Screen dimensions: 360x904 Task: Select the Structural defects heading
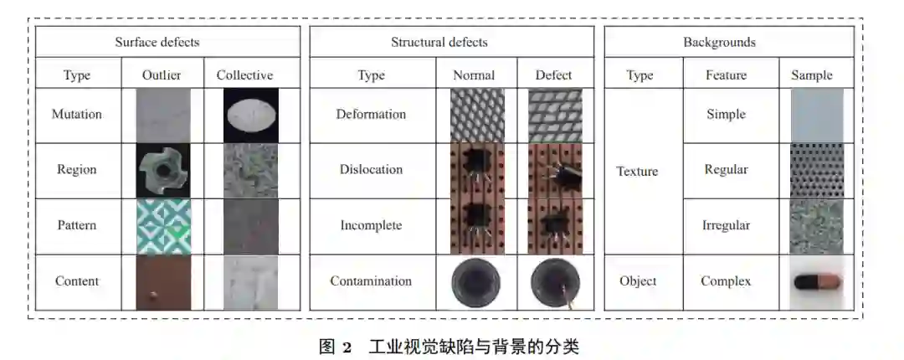(439, 42)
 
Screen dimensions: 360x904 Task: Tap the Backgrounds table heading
(718, 42)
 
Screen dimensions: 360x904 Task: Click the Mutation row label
(76, 115)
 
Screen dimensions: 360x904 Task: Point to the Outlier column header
(162, 75)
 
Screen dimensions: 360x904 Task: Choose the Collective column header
(244, 75)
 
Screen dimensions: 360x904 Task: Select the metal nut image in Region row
(163, 170)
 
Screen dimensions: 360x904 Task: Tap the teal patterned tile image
(163, 226)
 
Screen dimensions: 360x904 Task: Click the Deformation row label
(371, 115)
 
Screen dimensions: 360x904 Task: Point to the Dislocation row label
(371, 170)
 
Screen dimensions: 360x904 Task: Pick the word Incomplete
(371, 226)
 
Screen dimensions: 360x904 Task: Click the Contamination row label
(371, 281)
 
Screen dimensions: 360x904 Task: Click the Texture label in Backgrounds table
(637, 172)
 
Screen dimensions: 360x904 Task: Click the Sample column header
(811, 75)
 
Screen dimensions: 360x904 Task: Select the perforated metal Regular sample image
(816, 171)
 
